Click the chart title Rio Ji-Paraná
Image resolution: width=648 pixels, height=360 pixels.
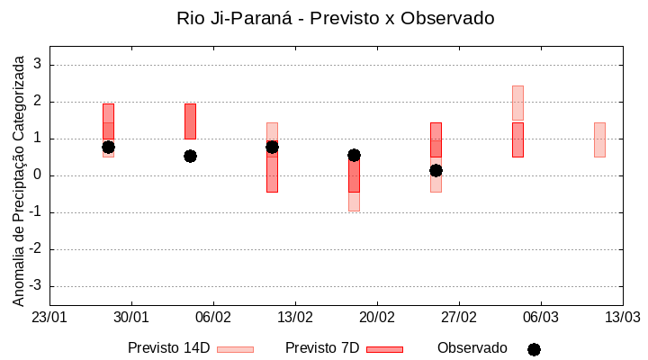pos(336,18)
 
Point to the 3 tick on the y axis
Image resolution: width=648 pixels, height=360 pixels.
pos(37,65)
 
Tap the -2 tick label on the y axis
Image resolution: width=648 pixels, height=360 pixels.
pos(35,249)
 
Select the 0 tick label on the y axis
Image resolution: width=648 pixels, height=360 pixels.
pos(37,175)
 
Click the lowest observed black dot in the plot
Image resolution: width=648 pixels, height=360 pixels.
pos(436,170)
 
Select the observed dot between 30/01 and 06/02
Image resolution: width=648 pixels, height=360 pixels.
pos(190,156)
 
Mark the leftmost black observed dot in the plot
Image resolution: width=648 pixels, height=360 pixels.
pos(108,147)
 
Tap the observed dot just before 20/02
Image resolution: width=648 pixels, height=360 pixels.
pos(354,155)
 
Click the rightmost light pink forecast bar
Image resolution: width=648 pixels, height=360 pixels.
pos(599,139)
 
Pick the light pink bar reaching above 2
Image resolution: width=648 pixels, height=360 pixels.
pos(517,103)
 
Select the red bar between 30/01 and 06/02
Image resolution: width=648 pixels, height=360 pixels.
pos(190,121)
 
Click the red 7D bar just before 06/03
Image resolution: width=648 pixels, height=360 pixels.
pos(517,139)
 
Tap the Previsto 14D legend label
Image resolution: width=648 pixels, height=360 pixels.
pos(168,348)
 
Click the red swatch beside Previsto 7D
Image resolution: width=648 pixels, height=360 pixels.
pos(384,349)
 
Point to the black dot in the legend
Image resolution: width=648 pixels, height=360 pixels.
pos(534,349)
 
